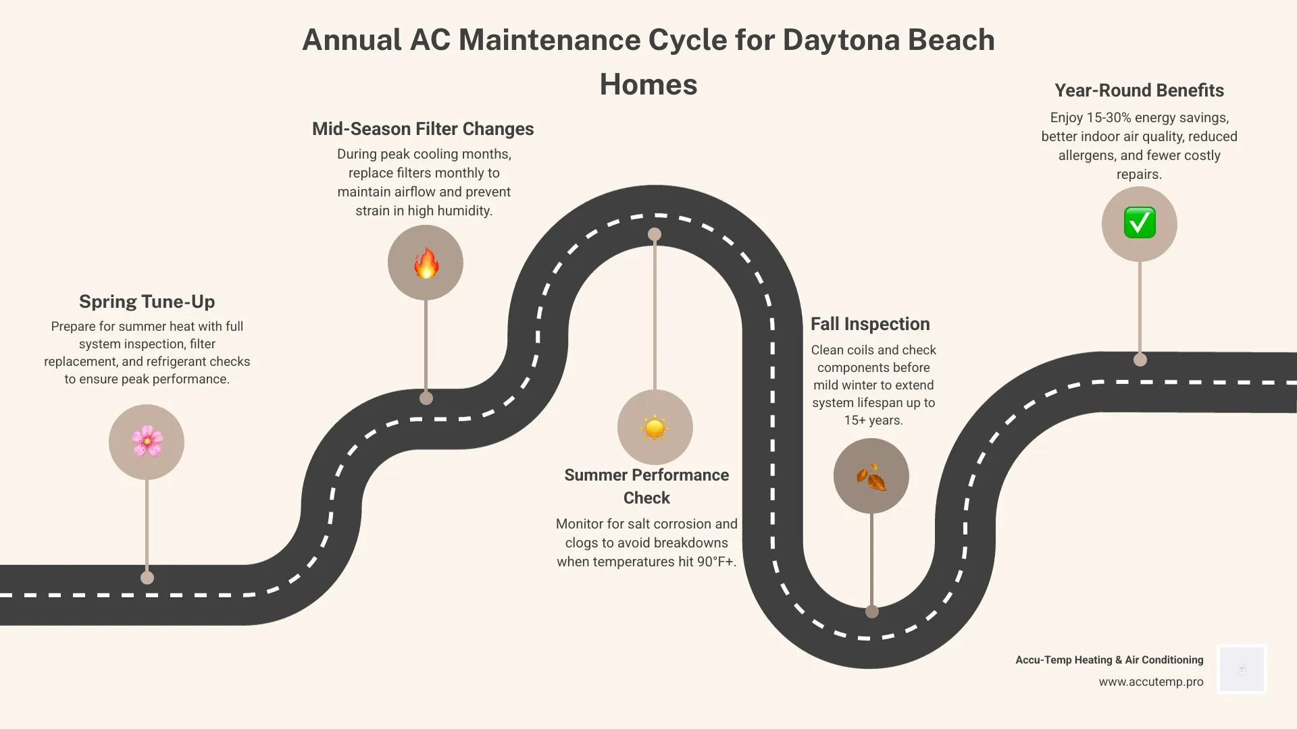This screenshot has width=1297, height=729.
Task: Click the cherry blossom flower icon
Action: click(x=147, y=442)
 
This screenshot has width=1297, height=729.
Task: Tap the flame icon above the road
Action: click(x=426, y=263)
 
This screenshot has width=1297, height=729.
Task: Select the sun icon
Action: click(x=655, y=428)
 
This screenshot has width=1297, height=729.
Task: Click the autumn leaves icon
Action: click(x=871, y=477)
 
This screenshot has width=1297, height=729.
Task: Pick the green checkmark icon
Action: click(x=1140, y=223)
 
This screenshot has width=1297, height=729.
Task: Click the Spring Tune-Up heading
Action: click(x=147, y=302)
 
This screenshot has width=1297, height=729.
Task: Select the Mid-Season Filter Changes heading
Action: click(x=423, y=129)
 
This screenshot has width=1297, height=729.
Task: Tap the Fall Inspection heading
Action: click(x=870, y=324)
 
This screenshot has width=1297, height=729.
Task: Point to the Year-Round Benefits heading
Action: click(x=1139, y=90)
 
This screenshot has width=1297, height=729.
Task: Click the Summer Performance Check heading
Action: click(x=646, y=486)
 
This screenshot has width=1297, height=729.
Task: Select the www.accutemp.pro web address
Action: click(x=1150, y=682)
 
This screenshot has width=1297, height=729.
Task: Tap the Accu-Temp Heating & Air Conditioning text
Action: click(x=1109, y=660)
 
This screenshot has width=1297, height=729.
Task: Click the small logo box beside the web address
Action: click(x=1242, y=669)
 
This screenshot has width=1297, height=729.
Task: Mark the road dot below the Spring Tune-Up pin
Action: click(x=147, y=578)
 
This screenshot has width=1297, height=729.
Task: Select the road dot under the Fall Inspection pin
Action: click(x=872, y=612)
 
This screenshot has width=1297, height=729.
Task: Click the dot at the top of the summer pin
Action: click(x=655, y=234)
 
